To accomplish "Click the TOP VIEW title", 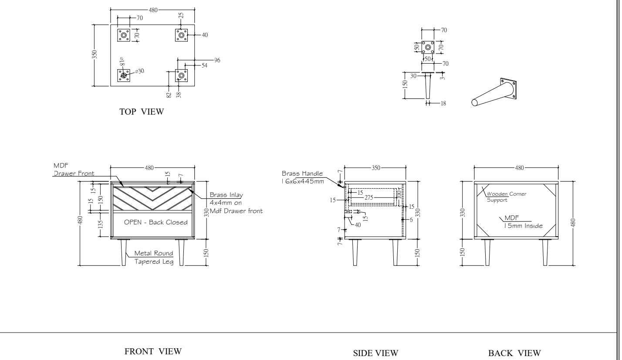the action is click(142, 112).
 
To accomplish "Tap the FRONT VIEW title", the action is click(153, 351).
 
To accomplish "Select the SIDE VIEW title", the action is click(375, 353).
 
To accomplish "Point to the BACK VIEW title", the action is click(514, 353).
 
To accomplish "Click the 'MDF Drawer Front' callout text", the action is click(74, 170).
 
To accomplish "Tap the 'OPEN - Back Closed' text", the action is click(155, 222).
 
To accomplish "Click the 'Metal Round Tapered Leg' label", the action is click(154, 257).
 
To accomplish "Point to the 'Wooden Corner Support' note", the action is click(506, 197).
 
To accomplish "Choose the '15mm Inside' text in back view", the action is click(523, 226).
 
